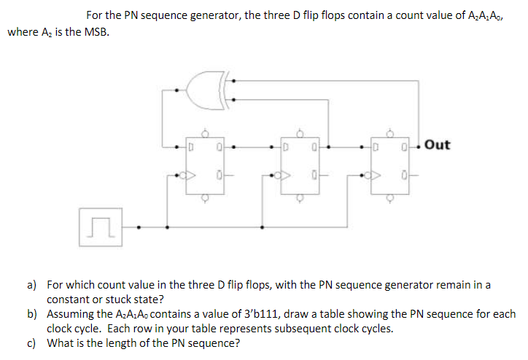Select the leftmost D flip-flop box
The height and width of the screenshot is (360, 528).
[x=205, y=165]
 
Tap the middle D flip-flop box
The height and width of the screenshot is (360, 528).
[x=300, y=165]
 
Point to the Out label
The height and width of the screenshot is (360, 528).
[x=437, y=144]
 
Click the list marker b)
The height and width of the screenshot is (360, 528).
[x=33, y=314]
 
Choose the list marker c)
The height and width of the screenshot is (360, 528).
[x=33, y=343]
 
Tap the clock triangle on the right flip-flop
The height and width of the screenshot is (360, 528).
[x=376, y=175]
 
